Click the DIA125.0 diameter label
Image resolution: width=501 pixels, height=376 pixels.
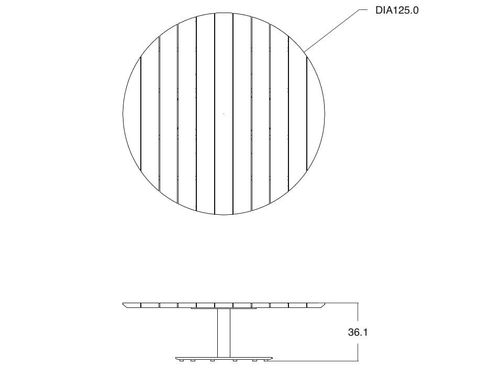(x=397, y=10)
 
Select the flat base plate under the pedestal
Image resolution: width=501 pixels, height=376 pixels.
(x=224, y=358)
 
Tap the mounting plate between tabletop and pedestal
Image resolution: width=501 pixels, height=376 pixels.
(x=224, y=308)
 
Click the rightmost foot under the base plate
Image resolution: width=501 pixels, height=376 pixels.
(x=267, y=360)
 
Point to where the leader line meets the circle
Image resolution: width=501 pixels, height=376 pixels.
(x=305, y=51)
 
